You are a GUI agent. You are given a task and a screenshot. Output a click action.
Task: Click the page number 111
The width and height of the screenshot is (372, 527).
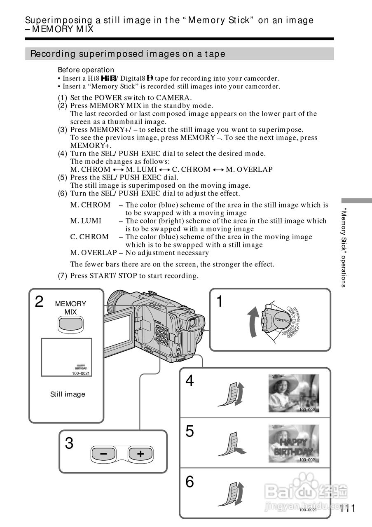(x=348, y=508)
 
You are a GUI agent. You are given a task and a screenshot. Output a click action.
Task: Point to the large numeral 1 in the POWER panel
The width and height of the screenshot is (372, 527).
(x=220, y=302)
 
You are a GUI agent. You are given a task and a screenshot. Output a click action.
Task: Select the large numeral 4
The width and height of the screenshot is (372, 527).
(x=190, y=381)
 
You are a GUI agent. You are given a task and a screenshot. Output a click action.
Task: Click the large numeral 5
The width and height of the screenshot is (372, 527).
(x=190, y=431)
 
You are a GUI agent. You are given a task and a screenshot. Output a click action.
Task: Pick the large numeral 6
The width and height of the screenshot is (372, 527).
(x=190, y=481)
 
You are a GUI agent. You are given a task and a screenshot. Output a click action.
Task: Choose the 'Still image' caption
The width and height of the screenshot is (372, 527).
(x=68, y=394)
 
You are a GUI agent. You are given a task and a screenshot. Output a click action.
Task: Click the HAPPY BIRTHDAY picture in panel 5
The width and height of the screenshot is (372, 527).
(x=294, y=444)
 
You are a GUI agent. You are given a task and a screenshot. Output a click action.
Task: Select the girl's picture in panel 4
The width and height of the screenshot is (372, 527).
(x=294, y=393)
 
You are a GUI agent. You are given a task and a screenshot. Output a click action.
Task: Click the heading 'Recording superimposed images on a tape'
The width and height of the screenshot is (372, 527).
(x=128, y=54)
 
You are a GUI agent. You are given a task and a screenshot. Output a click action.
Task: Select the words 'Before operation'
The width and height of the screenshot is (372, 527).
(x=86, y=70)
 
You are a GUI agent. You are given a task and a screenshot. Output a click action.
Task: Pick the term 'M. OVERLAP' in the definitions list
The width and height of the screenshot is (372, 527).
(x=93, y=253)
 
